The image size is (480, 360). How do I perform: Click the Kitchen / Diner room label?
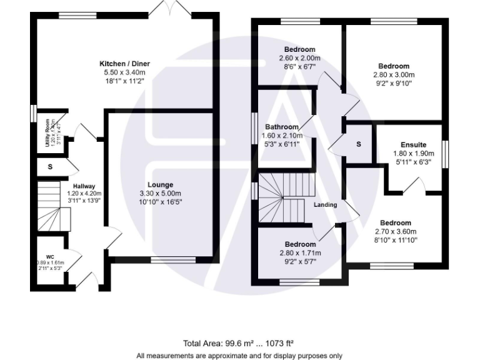pyautogui.click(x=125, y=64)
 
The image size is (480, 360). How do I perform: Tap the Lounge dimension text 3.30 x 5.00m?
pyautogui.click(x=159, y=193)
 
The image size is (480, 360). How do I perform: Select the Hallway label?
pyautogui.click(x=84, y=186)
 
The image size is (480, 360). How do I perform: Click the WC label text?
pyautogui.click(x=50, y=257)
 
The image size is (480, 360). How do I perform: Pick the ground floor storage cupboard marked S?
pyautogui.click(x=50, y=167)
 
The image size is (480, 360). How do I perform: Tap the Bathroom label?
pyautogui.click(x=281, y=127)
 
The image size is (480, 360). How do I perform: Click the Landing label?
pyautogui.click(x=326, y=205)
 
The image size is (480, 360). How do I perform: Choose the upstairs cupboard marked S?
pyautogui.click(x=358, y=144)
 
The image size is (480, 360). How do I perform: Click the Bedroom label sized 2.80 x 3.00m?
pyautogui.click(x=394, y=66)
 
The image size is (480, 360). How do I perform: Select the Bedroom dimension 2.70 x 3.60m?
pyautogui.click(x=396, y=231)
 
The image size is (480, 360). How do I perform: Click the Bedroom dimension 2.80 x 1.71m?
pyautogui.click(x=300, y=253)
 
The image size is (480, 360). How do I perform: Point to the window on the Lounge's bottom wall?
pyautogui.click(x=173, y=259)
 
